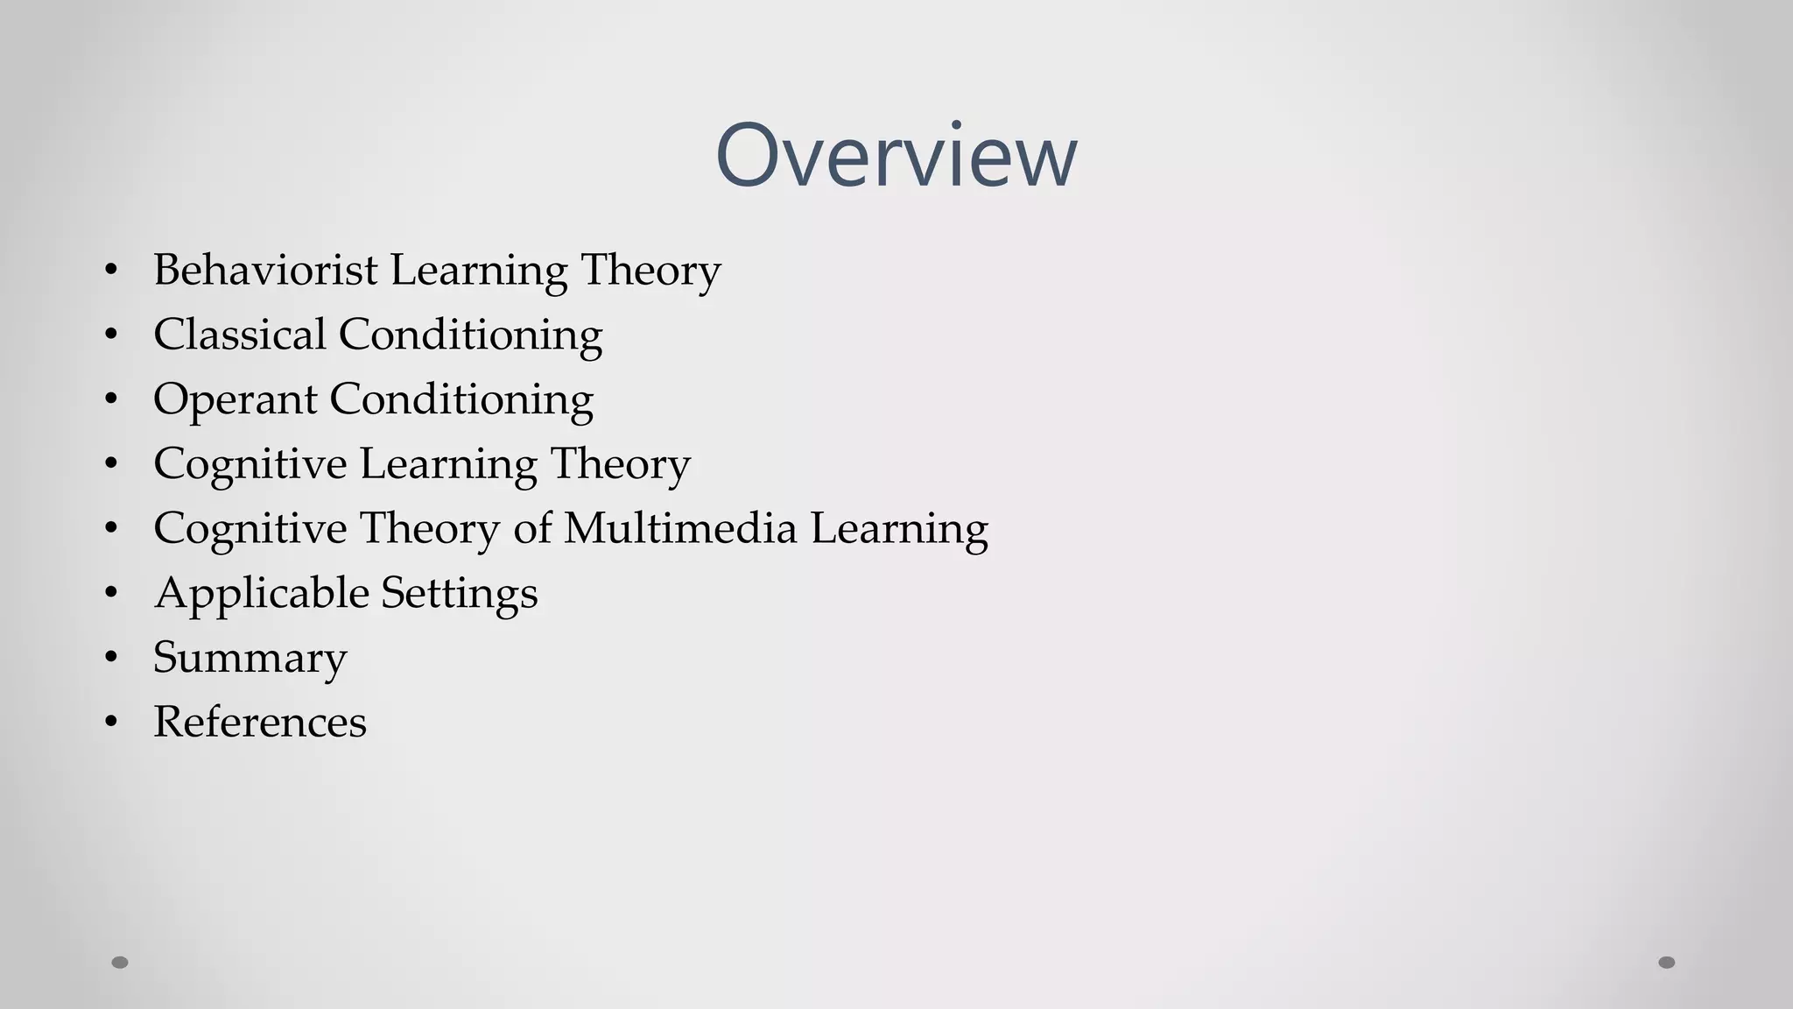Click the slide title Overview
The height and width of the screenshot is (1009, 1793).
click(896, 155)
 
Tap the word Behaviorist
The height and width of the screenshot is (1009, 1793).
click(265, 270)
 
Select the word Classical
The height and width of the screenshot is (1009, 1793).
click(239, 335)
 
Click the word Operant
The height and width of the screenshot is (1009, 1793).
click(235, 400)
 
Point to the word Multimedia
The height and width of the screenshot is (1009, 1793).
click(680, 528)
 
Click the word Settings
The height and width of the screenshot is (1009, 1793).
click(460, 594)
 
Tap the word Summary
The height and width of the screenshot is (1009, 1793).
click(250, 658)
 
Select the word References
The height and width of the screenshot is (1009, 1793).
click(259, 723)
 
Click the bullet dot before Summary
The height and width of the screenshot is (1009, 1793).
click(110, 657)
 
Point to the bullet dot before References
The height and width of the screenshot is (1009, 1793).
click(110, 722)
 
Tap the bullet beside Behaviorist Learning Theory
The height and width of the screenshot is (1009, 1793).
click(110, 270)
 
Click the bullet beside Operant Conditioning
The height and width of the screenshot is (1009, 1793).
click(110, 399)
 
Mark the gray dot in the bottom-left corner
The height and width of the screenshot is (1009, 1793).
click(120, 963)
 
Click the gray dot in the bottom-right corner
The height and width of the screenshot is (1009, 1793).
click(1667, 963)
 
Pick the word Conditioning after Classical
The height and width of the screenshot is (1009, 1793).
click(470, 335)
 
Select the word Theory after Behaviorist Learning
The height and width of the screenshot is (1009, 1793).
click(650, 270)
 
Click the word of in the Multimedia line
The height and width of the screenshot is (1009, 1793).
click(532, 528)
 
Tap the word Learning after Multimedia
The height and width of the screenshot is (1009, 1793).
click(899, 528)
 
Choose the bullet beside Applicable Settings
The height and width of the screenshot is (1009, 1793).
click(110, 593)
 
